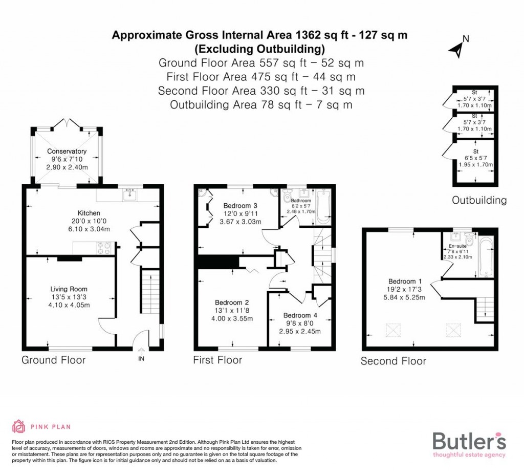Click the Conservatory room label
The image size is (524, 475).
point(67,152)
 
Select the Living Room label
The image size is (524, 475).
point(69,289)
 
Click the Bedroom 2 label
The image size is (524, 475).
point(232,302)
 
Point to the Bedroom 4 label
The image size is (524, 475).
point(297,315)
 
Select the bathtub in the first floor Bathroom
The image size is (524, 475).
point(324,207)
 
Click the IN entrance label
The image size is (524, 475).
point(141,359)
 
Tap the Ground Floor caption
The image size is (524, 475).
point(53,360)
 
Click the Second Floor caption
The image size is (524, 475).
point(393,361)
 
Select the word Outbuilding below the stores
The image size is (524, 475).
point(479,201)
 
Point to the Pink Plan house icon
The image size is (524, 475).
point(18,426)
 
